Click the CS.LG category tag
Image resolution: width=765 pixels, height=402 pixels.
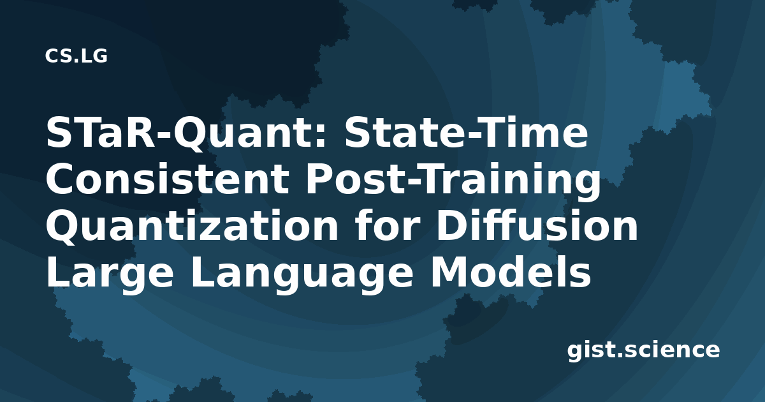(x=76, y=56)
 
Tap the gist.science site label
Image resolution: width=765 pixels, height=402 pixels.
(x=643, y=351)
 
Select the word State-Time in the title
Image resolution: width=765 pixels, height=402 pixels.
(x=467, y=133)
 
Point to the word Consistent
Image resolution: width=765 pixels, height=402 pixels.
(x=168, y=179)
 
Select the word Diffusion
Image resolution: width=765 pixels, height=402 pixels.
(x=537, y=224)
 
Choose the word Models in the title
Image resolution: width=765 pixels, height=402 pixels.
(x=511, y=271)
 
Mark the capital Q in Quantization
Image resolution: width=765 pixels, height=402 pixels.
(x=64, y=227)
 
